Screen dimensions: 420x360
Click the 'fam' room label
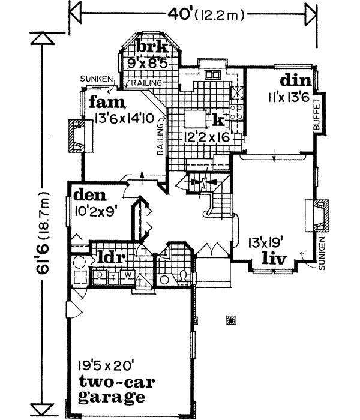pyautogui.click(x=107, y=103)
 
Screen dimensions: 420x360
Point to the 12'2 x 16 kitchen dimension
pyautogui.click(x=208, y=137)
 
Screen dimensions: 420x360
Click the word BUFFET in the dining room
pyautogui.click(x=317, y=116)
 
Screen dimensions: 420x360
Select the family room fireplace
pyautogui.click(x=76, y=135)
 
